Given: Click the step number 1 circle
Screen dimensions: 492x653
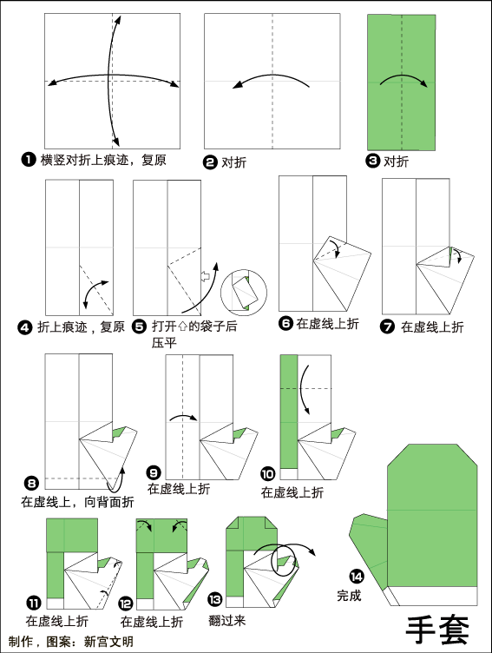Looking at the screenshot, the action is (29, 160).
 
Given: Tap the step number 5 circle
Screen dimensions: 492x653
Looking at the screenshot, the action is (140, 326).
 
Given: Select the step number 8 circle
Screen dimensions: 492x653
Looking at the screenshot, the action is (31, 483).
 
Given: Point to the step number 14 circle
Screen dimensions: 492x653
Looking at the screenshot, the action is (357, 577).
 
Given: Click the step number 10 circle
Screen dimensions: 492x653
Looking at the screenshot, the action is (267, 474).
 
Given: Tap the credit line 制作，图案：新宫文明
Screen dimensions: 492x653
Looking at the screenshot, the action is (71, 642).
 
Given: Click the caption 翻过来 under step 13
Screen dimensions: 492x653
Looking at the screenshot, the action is (226, 621).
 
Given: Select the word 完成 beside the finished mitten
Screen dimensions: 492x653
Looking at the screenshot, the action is (349, 595).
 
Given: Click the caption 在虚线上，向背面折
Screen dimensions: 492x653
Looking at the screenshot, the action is (78, 502).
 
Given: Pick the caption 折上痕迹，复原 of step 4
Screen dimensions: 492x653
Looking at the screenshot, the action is (82, 326).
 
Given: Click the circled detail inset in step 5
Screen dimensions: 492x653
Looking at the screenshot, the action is (244, 293).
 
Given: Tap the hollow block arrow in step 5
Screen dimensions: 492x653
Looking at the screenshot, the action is (205, 276).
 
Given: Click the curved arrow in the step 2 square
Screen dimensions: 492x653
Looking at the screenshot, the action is (272, 76).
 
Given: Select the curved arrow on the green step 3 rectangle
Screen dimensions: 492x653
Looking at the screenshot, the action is (403, 76).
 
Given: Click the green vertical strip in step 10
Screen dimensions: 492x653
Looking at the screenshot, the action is (289, 412).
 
